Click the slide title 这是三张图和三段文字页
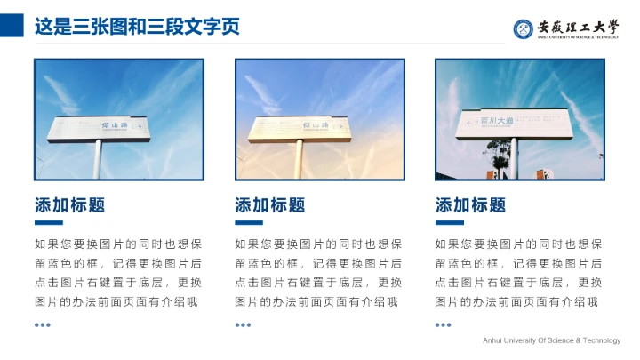tap(137, 27)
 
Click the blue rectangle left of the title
tap(12, 24)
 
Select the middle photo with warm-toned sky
tap(319, 119)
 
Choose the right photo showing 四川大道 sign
tap(519, 119)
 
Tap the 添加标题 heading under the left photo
tap(69, 205)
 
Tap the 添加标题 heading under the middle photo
tap(269, 205)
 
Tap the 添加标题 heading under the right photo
tap(470, 205)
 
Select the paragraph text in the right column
tap(519, 272)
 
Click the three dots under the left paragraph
tap(43, 324)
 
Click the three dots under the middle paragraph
tap(243, 324)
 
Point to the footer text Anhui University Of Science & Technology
tap(551, 340)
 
